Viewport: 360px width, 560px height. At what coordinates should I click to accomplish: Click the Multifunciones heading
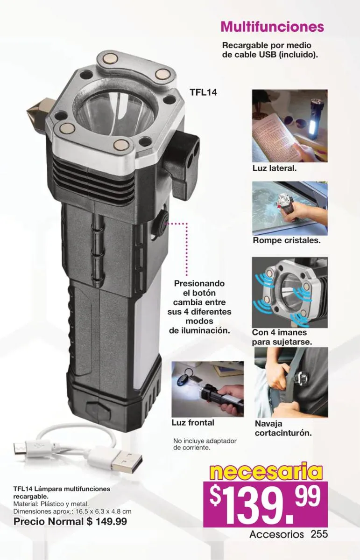tap(272, 27)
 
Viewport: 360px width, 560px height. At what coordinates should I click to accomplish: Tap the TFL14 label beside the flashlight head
tap(204, 92)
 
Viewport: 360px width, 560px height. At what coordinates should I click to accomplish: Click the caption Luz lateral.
tap(275, 168)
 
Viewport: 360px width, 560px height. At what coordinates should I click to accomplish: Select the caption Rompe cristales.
tap(287, 240)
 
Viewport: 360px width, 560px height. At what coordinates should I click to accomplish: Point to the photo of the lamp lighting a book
tap(289, 126)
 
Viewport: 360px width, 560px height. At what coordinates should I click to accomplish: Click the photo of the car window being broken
tap(289, 208)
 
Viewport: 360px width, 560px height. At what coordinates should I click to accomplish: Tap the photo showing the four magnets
tap(289, 293)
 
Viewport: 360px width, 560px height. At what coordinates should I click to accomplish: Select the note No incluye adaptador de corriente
tap(205, 444)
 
